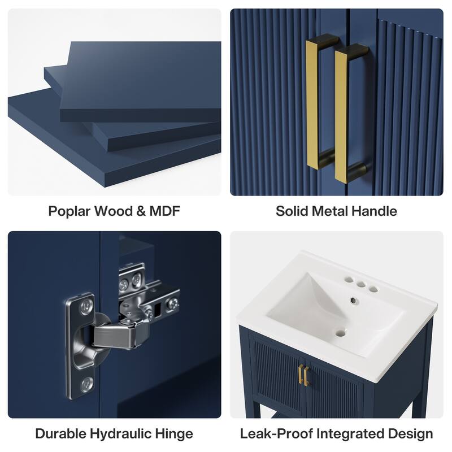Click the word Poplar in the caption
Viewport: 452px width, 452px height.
pyautogui.click(x=69, y=211)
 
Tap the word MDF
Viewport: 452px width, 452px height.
pyautogui.click(x=164, y=211)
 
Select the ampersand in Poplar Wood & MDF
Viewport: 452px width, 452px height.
pyautogui.click(x=141, y=211)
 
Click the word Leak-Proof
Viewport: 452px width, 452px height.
pyautogui.click(x=276, y=434)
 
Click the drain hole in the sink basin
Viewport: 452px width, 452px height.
pyautogui.click(x=341, y=333)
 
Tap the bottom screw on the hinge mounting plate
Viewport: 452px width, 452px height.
pyautogui.click(x=87, y=384)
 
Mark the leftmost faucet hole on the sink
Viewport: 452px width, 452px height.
pyautogui.click(x=349, y=280)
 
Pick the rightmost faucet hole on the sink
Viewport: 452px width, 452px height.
pyautogui.click(x=373, y=289)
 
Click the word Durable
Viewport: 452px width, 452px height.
pyautogui.click(x=60, y=434)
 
